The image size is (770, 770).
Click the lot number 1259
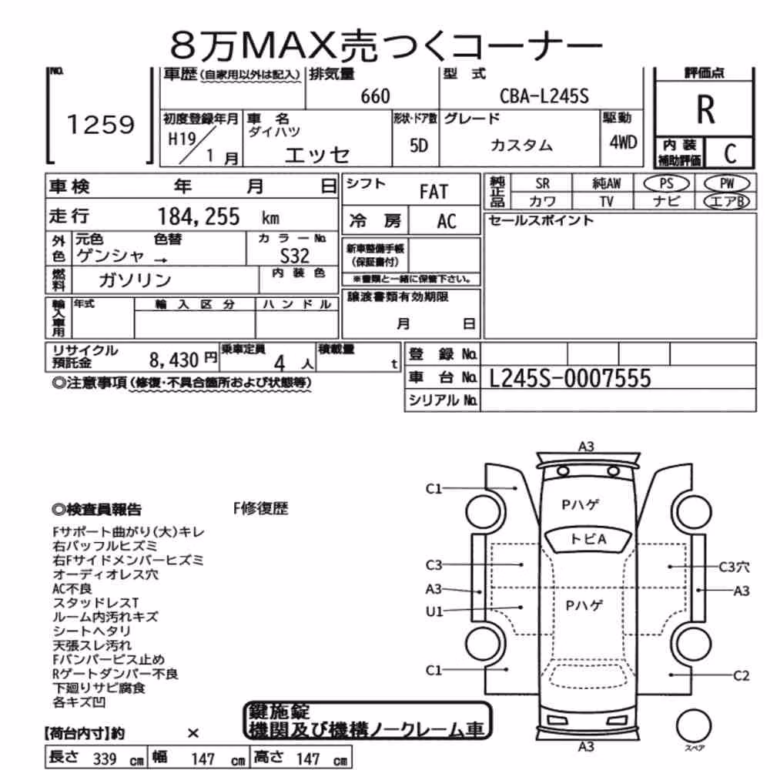tap(100, 124)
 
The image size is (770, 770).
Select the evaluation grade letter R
tap(705, 109)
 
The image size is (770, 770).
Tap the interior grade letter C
tap(730, 154)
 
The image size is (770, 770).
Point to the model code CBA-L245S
tap(544, 95)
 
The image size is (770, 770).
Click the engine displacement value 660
tap(375, 96)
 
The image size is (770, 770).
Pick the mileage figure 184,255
tap(199, 216)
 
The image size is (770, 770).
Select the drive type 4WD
tap(623, 142)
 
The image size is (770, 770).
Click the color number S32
tap(294, 256)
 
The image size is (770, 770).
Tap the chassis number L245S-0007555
tap(570, 378)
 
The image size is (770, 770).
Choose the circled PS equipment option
tap(666, 184)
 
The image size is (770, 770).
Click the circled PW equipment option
tap(728, 184)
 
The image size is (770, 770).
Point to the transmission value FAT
tap(434, 192)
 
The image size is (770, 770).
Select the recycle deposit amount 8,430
tap(174, 360)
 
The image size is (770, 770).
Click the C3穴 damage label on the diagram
tap(734, 567)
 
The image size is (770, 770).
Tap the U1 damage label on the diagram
tap(434, 611)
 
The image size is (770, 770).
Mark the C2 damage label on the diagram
tap(742, 676)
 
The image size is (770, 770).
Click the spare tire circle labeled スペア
tap(694, 725)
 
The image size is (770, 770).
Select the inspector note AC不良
tap(72, 588)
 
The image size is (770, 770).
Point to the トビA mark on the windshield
tap(588, 539)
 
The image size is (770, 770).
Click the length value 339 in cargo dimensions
tap(104, 758)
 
